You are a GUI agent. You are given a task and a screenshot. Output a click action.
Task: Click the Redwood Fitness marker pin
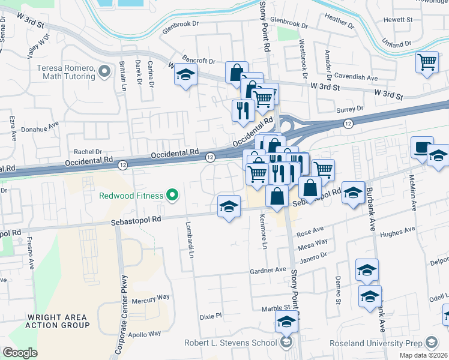(173, 194)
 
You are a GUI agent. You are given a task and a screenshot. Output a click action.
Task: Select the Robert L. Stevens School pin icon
(286, 343)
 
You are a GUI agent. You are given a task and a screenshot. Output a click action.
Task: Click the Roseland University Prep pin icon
(431, 343)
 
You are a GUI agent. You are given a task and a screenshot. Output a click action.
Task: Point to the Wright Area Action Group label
(58, 321)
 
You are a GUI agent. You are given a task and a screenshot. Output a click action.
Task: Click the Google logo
(20, 353)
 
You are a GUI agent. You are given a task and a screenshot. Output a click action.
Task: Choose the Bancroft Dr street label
(196, 61)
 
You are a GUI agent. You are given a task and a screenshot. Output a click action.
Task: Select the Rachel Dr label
(88, 152)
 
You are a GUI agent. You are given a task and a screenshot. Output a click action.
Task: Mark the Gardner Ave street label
(268, 270)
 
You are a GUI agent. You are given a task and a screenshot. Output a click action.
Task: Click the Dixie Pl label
(211, 315)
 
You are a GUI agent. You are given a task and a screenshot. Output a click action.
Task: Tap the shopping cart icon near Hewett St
(427, 62)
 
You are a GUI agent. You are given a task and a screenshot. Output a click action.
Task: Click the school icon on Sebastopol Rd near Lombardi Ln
(229, 207)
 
